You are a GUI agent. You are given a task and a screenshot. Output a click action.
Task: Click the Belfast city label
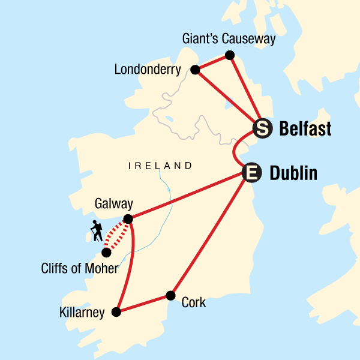tap(304, 128)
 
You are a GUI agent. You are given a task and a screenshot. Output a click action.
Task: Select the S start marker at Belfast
tap(262, 128)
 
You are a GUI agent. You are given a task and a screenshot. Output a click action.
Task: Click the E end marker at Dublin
tap(252, 173)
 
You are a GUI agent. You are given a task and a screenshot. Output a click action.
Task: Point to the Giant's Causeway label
tap(229, 40)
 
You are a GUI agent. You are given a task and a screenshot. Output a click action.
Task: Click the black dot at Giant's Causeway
tap(229, 56)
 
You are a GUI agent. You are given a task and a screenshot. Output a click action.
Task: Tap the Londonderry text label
tap(147, 70)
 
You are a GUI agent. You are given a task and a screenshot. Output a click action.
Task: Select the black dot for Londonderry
tap(194, 70)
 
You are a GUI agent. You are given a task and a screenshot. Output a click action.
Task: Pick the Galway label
tap(113, 204)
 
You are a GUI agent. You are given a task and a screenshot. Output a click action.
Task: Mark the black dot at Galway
tap(128, 219)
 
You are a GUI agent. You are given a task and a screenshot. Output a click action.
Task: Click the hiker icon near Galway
tap(96, 231)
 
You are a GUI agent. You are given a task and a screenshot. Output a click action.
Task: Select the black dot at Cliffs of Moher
tap(106, 253)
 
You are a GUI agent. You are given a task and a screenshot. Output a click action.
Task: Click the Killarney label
tap(82, 312)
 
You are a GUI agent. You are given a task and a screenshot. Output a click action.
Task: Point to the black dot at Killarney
tap(117, 311)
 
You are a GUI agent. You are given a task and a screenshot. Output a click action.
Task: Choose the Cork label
tap(193, 302)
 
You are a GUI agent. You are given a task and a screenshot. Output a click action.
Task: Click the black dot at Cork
tap(170, 295)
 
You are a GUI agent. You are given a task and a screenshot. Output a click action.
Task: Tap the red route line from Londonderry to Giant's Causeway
tap(212, 62)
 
